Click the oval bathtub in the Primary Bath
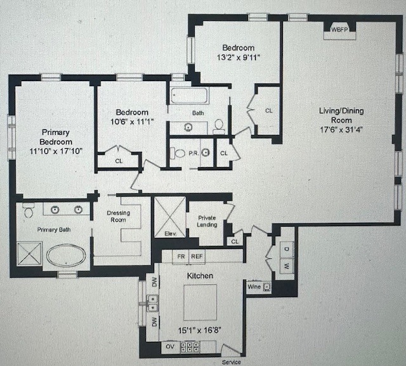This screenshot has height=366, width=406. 67,257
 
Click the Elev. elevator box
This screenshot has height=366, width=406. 170,217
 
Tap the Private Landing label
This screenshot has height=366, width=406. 207,221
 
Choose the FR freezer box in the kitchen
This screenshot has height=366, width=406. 181,257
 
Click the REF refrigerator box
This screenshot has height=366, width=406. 197,257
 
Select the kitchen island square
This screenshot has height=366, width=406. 200,303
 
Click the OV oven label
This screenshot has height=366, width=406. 170,346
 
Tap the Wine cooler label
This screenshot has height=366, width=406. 254,287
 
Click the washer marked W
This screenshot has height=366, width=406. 286,266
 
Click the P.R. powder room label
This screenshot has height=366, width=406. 193,153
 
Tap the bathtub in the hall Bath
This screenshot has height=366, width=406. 188,97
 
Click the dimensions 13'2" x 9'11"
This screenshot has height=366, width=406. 238,57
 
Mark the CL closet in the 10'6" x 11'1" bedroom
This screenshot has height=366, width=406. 119,161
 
